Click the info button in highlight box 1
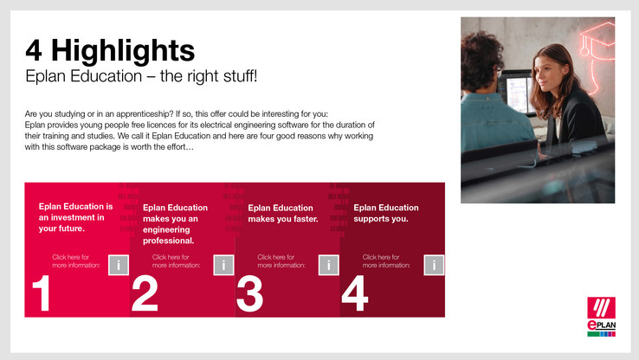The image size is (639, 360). point(119,265)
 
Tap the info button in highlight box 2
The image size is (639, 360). point(223,265)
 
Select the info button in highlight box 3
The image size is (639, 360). point(329,265)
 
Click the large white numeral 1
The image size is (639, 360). point(42,293)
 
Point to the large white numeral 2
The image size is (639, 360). point(145,293)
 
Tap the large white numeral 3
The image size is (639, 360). point(250,293)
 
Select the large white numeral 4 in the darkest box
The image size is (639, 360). point(355,293)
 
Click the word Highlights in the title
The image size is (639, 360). point(123,51)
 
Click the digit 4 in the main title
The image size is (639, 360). point(34,50)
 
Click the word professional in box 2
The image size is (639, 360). point(168,241)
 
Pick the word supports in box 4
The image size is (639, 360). point(370,219)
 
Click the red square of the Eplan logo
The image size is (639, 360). point(601,307)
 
